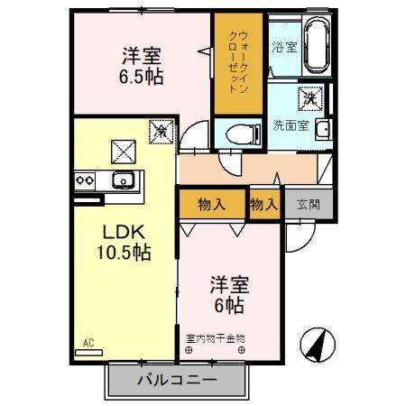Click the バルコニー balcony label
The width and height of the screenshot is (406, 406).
point(177,379)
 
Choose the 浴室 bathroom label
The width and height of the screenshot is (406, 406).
point(284,46)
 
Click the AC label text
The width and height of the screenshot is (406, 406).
point(88,343)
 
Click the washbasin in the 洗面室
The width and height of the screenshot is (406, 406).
point(321,127)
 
